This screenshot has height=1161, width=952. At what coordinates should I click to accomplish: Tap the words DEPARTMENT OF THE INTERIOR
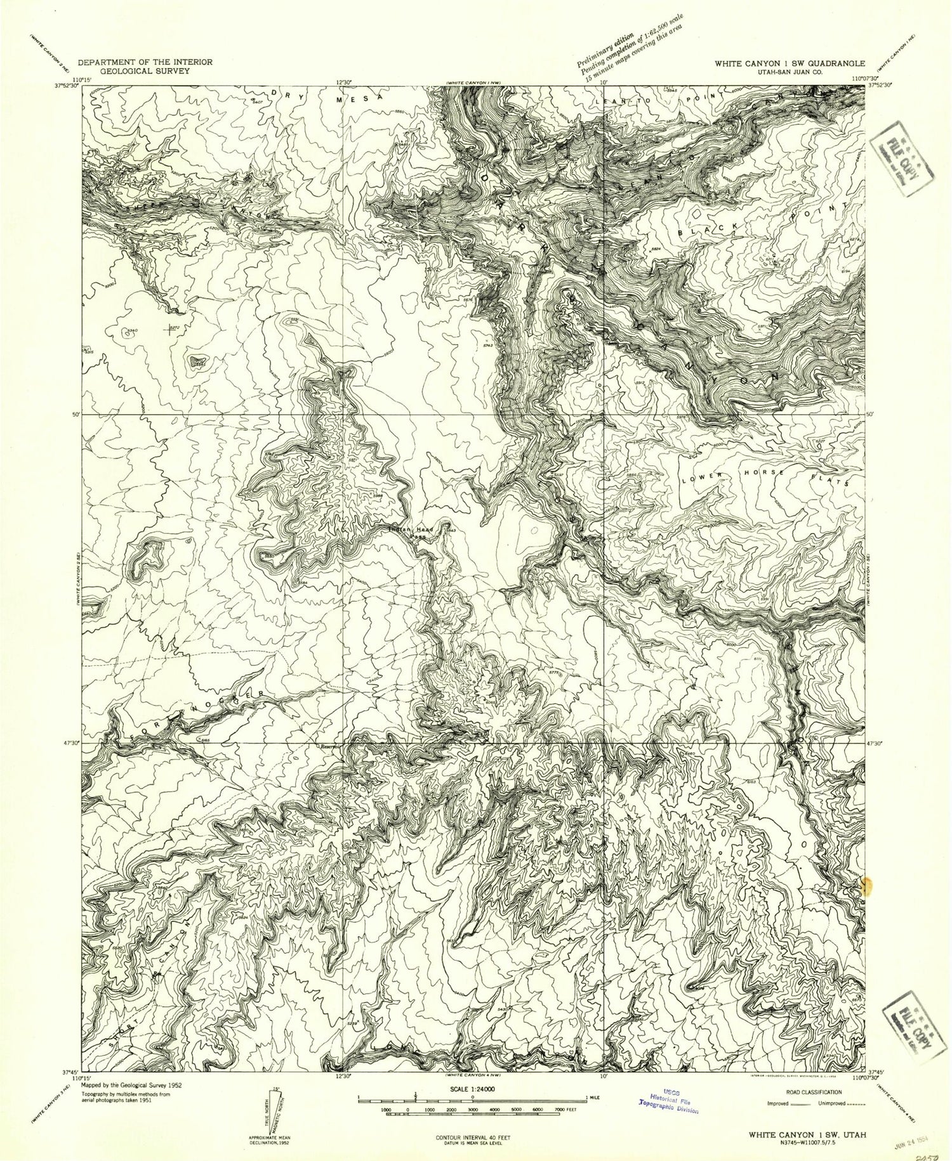(145, 62)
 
